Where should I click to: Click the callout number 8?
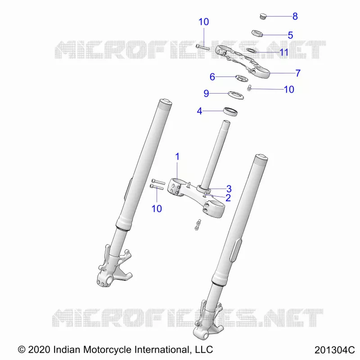[295, 16]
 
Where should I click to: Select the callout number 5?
[290, 35]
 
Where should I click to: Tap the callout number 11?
[284, 52]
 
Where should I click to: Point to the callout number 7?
[298, 73]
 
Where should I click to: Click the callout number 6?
[212, 77]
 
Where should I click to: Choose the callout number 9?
[207, 94]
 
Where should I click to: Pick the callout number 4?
[199, 111]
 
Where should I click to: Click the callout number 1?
[177, 157]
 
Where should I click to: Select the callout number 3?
[229, 189]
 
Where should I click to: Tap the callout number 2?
[228, 198]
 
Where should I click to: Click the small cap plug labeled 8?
[263, 16]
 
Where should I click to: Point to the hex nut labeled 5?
[257, 33]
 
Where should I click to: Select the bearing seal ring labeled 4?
[230, 112]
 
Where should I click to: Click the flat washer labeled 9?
[236, 95]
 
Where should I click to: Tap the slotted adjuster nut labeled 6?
[242, 78]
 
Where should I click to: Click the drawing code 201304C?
[334, 350]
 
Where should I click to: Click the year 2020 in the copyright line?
[39, 350]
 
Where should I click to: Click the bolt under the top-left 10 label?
[203, 47]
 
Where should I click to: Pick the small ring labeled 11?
[252, 50]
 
